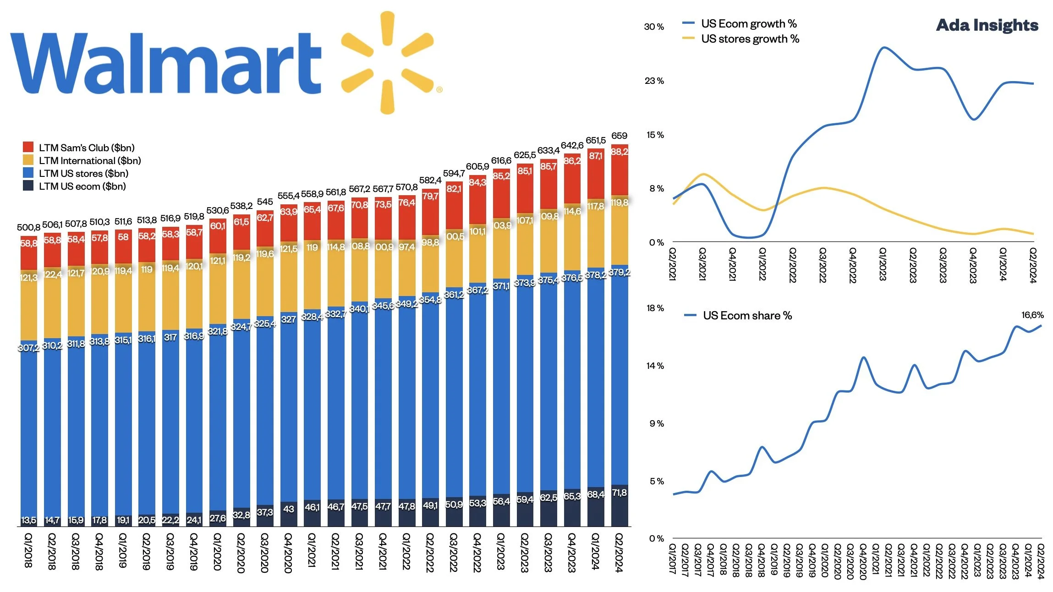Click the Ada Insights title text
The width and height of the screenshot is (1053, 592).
click(987, 25)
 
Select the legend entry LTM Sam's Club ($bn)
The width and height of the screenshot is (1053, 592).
click(86, 148)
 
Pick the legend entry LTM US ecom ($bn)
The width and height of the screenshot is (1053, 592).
click(82, 186)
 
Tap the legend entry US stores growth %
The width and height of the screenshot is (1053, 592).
click(750, 39)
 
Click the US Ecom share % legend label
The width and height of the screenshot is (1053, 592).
click(747, 315)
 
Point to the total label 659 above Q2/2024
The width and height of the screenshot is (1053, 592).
click(619, 136)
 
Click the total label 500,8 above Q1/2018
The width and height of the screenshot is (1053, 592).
click(28, 227)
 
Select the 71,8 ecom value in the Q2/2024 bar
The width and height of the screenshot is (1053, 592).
click(619, 493)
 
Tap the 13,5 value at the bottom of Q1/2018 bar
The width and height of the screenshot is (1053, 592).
click(28, 520)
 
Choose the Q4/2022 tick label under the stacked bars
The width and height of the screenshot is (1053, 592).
click(477, 552)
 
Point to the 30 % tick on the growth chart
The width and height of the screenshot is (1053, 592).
click(654, 27)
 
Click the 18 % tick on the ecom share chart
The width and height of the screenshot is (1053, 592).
click(655, 308)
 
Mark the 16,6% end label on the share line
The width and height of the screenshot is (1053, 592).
click(1032, 315)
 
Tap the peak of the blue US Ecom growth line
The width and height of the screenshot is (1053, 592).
click(883, 47)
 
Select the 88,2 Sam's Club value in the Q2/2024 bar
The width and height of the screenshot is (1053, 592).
click(619, 152)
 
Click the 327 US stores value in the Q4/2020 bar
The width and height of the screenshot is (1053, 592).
click(288, 319)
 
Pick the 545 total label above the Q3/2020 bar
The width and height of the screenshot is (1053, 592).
click(265, 202)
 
